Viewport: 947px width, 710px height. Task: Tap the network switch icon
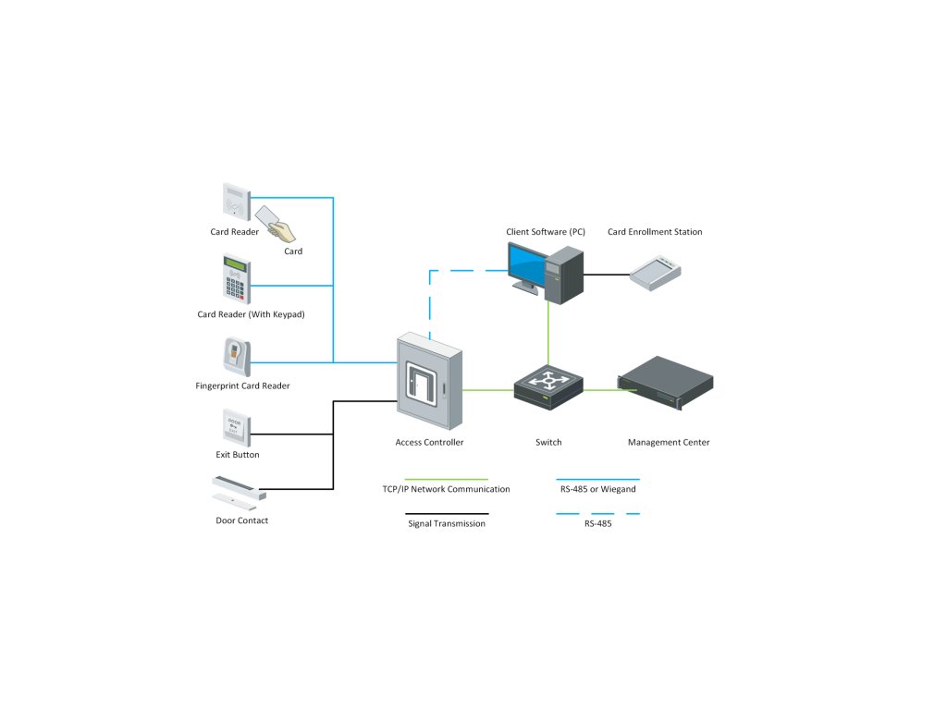pyautogui.click(x=548, y=387)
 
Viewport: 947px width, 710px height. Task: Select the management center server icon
pyautogui.click(x=666, y=382)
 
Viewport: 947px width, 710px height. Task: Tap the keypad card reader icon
pyautogui.click(x=236, y=278)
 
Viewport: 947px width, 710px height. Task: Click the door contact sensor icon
pyautogui.click(x=239, y=491)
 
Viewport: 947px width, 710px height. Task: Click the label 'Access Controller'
pyautogui.click(x=429, y=443)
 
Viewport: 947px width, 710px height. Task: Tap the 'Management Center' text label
pyautogui.click(x=669, y=443)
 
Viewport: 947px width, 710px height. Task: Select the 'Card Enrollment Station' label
pyautogui.click(x=655, y=232)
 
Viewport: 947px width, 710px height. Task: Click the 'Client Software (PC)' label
pyautogui.click(x=546, y=232)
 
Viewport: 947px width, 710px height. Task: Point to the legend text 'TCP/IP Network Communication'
pyautogui.click(x=446, y=489)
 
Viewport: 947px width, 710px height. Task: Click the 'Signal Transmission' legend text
pyautogui.click(x=447, y=524)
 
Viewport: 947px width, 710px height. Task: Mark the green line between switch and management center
pyautogui.click(x=601, y=389)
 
